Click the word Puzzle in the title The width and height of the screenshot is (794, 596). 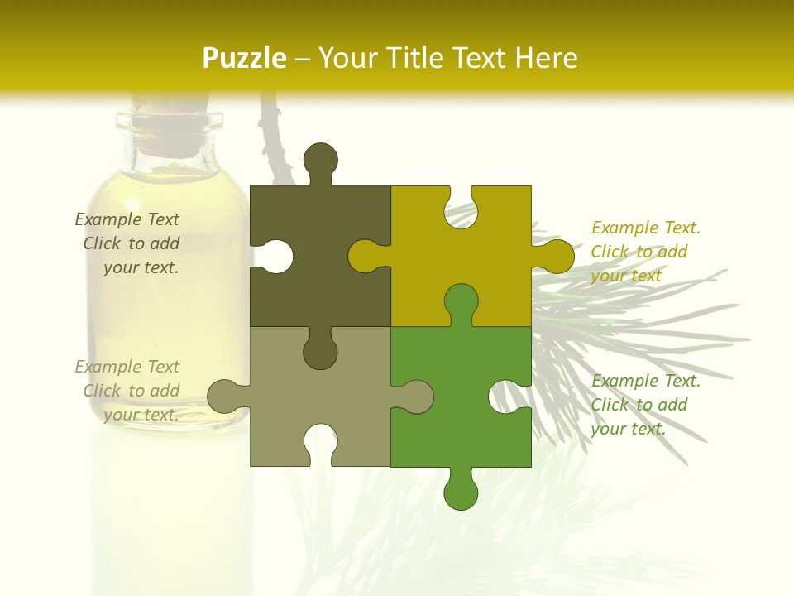(245, 59)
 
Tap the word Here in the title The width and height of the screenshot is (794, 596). (545, 59)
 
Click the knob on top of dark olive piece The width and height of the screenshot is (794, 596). (320, 159)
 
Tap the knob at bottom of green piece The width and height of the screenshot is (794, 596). (461, 492)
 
